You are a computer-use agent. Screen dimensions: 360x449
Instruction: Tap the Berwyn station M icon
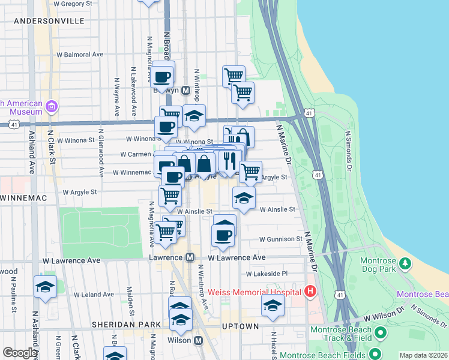186,90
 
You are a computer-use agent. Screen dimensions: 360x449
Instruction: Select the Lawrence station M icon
190,257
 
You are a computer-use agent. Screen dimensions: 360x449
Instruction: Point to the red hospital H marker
310,292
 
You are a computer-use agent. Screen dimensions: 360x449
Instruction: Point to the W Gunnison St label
280,239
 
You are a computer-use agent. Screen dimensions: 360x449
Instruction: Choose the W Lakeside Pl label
267,274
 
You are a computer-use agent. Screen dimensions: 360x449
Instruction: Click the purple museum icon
52,107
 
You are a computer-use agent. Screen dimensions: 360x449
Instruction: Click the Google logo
20,353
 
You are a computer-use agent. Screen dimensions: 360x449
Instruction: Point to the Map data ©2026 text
423,355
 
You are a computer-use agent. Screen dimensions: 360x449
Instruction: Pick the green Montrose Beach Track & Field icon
379,332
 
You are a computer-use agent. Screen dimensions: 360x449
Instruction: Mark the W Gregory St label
75,4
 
